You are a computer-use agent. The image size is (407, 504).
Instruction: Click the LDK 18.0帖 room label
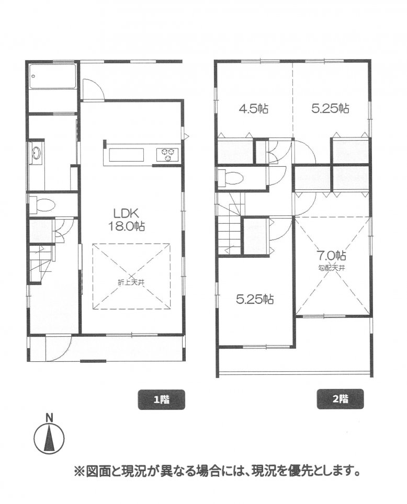pyautogui.click(x=125, y=219)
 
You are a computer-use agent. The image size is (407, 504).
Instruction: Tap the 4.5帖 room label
pyautogui.click(x=254, y=109)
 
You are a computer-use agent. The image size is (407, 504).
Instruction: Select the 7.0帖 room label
pyautogui.click(x=331, y=256)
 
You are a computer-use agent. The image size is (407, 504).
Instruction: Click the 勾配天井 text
pyautogui.click(x=331, y=268)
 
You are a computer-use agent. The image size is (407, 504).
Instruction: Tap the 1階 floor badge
pyautogui.click(x=161, y=399)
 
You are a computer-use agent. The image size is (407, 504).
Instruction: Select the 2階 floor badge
pyautogui.click(x=340, y=399)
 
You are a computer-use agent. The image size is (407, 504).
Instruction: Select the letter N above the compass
pyautogui.click(x=49, y=418)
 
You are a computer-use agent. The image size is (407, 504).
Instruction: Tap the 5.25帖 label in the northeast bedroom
pyautogui.click(x=330, y=108)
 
